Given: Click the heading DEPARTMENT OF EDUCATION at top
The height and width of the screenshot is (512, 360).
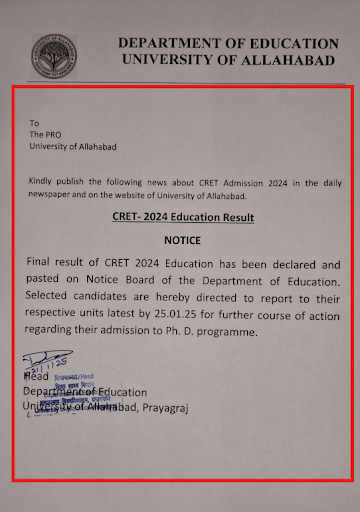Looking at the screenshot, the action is tap(227, 44).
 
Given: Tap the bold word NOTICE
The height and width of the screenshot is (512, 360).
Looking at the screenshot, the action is tap(183, 240).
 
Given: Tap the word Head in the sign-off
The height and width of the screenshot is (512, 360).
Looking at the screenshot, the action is tap(34, 377).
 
